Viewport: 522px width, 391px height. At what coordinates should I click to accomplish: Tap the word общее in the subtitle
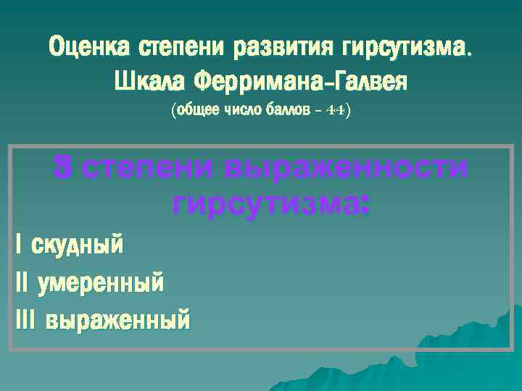point(194,112)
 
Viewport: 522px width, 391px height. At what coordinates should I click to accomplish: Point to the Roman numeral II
point(21,282)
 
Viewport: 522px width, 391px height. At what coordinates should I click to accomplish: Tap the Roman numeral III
point(25,319)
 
